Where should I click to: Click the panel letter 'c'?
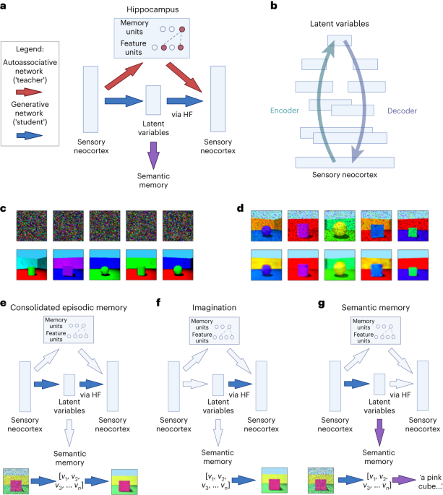click(x=4, y=208)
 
